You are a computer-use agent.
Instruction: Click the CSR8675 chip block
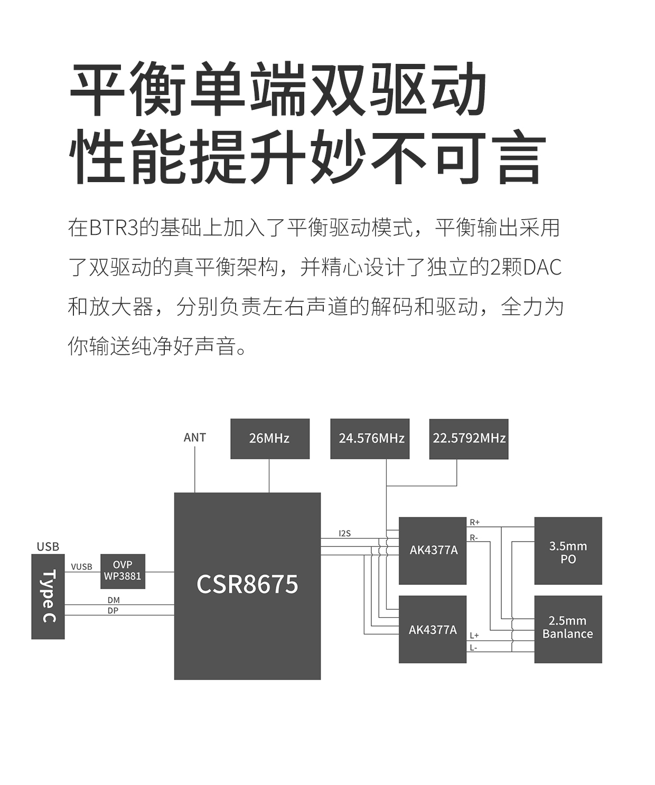tap(247, 585)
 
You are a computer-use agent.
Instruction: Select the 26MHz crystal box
tap(269, 439)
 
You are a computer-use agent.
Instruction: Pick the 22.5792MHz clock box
tap(469, 439)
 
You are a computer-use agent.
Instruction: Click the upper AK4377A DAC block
tap(433, 551)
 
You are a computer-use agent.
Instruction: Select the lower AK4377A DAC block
tap(433, 629)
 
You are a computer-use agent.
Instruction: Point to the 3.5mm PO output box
tap(568, 552)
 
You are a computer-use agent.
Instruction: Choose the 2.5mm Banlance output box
tap(568, 628)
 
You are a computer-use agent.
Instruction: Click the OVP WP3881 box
tap(123, 571)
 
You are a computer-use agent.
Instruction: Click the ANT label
tap(194, 438)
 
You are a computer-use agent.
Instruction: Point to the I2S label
tap(344, 533)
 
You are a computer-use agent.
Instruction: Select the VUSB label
tap(81, 567)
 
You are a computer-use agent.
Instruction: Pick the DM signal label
tap(113, 600)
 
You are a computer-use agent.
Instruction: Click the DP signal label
tap(113, 611)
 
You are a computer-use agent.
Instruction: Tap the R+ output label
tap(474, 522)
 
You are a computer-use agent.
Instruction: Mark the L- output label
tap(473, 648)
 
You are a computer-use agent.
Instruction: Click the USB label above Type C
tap(48, 547)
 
